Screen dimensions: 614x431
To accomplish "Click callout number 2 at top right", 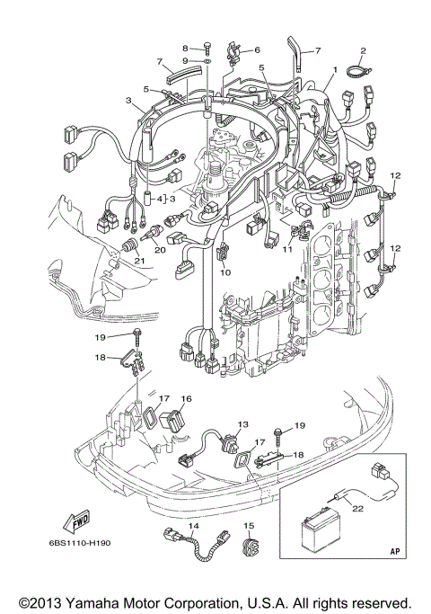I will pyautogui.click(x=364, y=50).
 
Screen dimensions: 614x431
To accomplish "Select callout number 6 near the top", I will pyautogui.click(x=256, y=50).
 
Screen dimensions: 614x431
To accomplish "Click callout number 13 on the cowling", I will pyautogui.click(x=242, y=423).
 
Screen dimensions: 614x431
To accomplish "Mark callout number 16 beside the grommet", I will pyautogui.click(x=187, y=398).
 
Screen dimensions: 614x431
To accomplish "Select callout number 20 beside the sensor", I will pyautogui.click(x=159, y=251).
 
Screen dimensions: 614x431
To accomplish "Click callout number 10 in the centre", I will pyautogui.click(x=225, y=271).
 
